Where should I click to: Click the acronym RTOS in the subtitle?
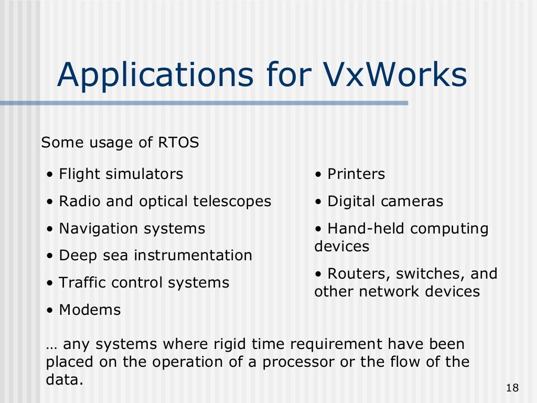[178, 143]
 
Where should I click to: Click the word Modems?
[90, 310]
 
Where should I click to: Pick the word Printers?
[356, 174]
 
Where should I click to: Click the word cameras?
[414, 201]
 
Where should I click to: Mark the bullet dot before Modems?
[49, 311]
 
